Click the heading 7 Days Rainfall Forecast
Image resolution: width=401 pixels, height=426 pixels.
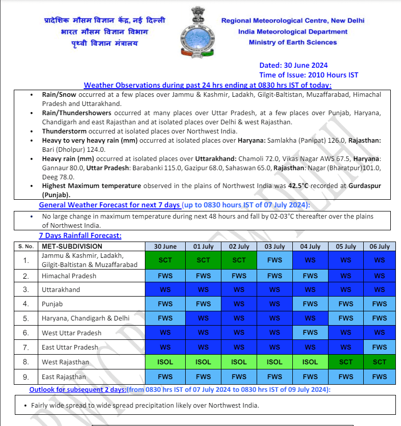(80, 236)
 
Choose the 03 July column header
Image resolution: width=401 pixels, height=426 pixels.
(274, 246)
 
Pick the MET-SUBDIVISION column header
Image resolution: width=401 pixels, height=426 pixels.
(72, 246)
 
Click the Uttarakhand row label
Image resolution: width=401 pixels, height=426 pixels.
(61, 290)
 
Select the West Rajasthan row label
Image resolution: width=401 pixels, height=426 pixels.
(65, 362)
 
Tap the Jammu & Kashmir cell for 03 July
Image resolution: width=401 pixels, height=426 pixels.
(274, 260)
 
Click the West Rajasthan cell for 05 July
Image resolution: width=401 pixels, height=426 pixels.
(346, 362)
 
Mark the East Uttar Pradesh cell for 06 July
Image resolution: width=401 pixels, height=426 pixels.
(380, 348)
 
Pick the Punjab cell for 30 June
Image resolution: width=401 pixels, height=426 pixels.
(165, 304)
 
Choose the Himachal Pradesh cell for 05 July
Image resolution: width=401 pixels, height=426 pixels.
(346, 276)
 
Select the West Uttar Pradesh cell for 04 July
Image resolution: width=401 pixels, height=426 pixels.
(310, 333)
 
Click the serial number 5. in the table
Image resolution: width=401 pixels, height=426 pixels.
(26, 318)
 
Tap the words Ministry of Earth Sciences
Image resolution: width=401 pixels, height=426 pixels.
(293, 42)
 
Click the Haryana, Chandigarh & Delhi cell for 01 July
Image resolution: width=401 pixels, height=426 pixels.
(203, 318)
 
